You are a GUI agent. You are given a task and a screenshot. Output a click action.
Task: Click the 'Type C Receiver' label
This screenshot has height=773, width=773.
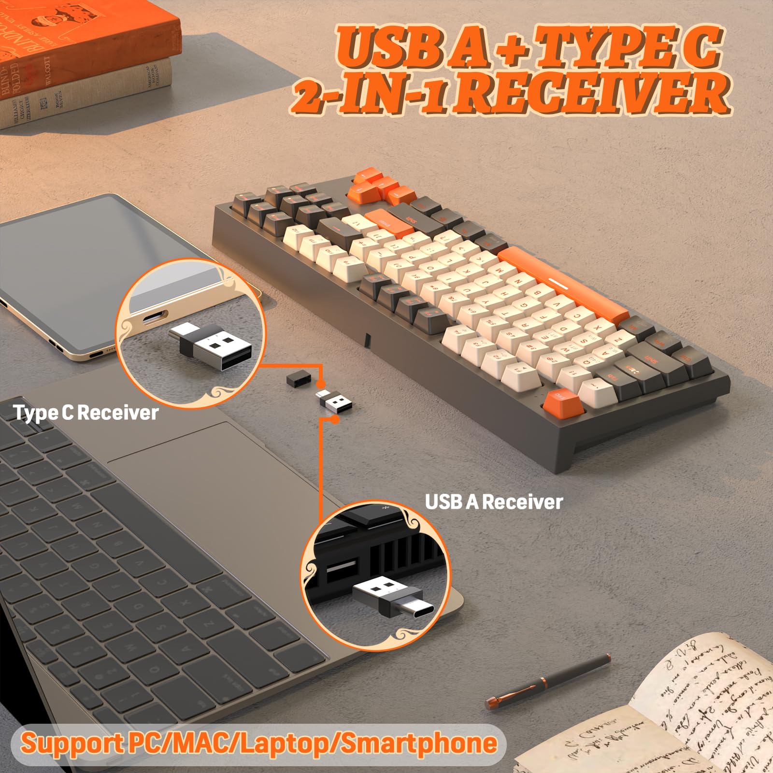pyautogui.click(x=86, y=413)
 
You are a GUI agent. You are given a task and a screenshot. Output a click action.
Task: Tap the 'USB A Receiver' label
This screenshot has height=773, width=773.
pyautogui.click(x=494, y=502)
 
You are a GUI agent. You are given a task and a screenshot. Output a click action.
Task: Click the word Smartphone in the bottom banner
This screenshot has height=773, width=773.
pyautogui.click(x=419, y=744)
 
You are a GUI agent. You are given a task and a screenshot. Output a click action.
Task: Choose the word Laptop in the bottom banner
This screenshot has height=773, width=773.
pyautogui.click(x=288, y=744)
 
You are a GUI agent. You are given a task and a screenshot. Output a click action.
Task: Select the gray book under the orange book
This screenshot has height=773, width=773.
pyautogui.click(x=87, y=94)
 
